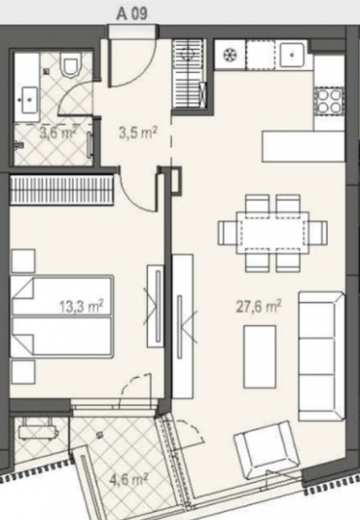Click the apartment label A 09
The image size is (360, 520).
click(132, 15)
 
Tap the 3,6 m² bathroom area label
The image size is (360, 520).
click(58, 133)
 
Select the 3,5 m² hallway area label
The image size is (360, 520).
click(137, 133)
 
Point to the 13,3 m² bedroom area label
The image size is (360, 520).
click(82, 306)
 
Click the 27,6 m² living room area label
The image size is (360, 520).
click(259, 306)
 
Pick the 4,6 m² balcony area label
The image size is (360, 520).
click(128, 479)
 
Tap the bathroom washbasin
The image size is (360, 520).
click(29, 99)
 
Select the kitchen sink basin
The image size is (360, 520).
click(291, 55)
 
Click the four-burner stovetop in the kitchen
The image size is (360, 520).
click(330, 101)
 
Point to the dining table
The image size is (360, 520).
click(272, 233)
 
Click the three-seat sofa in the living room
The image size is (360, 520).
click(320, 356)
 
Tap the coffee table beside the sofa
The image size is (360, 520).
click(260, 356)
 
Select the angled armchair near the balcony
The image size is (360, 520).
click(268, 450)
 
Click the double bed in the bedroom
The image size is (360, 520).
click(61, 316)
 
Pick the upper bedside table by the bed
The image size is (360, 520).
click(23, 261)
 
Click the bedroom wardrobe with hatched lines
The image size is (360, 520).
click(61, 190)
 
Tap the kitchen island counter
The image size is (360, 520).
click(303, 146)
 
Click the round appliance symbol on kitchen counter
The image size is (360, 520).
click(230, 55)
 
